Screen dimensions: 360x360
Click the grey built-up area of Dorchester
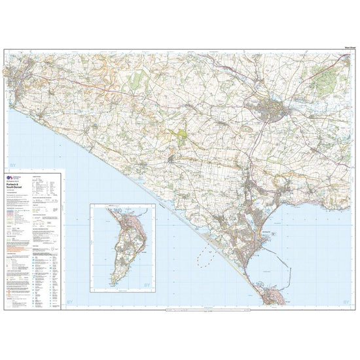point(270,111)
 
